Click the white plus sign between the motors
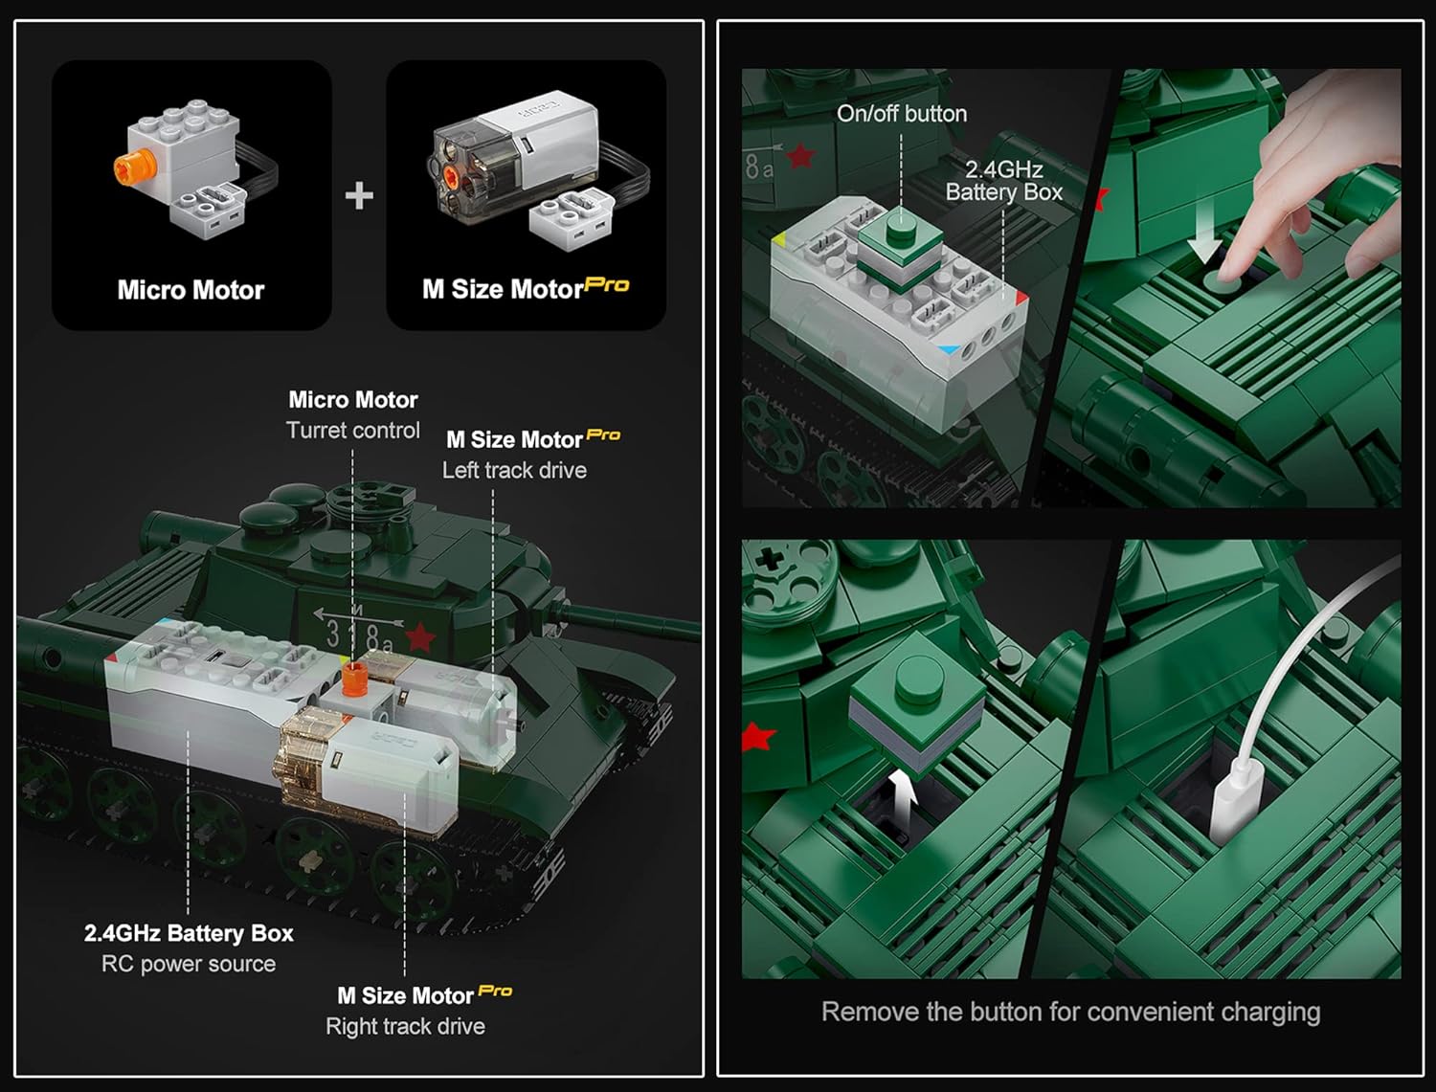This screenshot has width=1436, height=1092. pos(359,195)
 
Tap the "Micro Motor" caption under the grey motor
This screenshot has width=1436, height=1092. pos(191,290)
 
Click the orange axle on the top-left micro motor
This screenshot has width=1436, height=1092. pos(129,167)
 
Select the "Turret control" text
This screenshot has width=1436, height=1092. pos(352,431)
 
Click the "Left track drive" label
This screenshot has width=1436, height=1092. pos(514,470)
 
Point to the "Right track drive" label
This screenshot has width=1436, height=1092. pos(405,1026)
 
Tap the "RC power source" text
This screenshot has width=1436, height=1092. pos(189,964)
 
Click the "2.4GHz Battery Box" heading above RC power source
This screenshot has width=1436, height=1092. pos(189,933)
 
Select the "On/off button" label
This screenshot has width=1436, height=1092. pos(902,114)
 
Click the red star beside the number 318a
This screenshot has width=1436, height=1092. pos(420,637)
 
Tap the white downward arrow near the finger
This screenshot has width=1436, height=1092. pos(1204,232)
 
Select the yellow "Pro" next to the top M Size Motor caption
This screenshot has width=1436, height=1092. pos(606,285)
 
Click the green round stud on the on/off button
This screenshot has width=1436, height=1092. pos(902,227)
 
